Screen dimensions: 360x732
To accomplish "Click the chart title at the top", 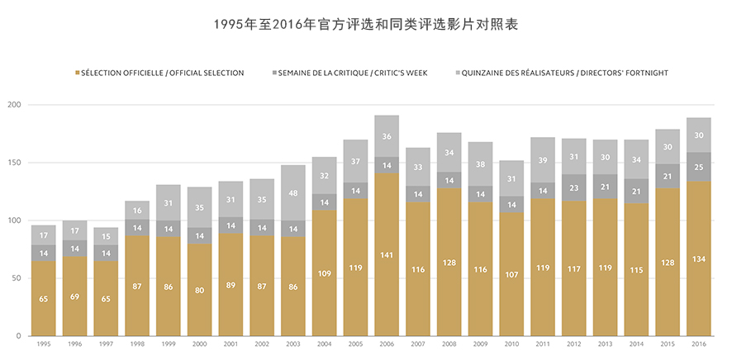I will tap(365, 26).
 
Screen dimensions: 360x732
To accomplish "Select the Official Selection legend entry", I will tap(162, 73).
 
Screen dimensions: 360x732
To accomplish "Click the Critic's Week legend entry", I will tap(352, 73).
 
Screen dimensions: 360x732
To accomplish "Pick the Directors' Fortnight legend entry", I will tap(562, 73).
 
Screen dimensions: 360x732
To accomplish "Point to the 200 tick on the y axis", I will tap(14, 105).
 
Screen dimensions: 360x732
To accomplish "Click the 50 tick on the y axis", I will tap(17, 278).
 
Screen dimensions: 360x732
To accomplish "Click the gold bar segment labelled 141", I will tap(387, 254).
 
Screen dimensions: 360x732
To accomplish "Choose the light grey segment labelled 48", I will tap(293, 193).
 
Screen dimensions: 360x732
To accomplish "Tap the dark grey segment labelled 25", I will tap(698, 167).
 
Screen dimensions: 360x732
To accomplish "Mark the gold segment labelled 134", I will tap(698, 258).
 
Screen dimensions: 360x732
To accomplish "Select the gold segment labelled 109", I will tap(325, 272).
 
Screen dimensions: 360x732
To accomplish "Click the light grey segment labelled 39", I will tap(543, 160).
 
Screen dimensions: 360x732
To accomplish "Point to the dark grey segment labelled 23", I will tap(573, 187).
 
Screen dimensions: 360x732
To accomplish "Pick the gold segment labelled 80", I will tap(200, 290).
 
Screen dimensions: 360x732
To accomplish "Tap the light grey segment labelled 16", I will tap(138, 211).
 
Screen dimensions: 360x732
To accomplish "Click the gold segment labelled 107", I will tap(511, 274).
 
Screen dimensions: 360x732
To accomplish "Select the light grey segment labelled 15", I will tap(107, 237).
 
